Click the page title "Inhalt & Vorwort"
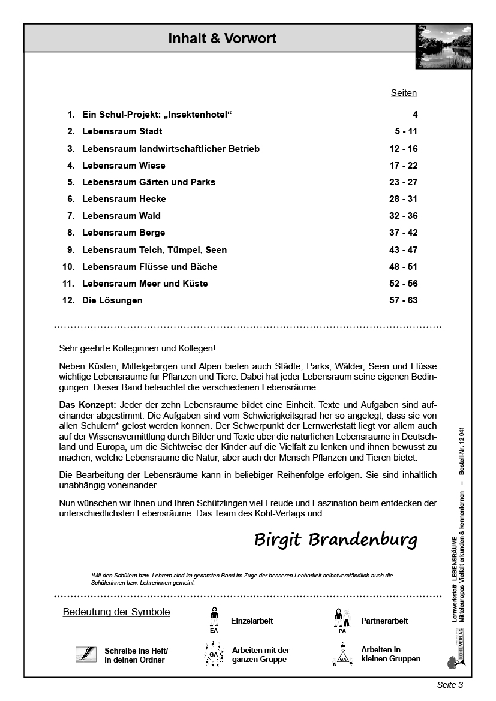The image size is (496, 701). pos(222,39)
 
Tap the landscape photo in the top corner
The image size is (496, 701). pos(443,46)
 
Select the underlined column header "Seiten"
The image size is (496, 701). pos(404,93)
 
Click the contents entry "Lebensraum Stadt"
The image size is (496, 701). pos(122,131)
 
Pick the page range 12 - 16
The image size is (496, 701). pos(403,149)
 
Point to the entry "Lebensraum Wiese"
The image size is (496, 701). pos(124,166)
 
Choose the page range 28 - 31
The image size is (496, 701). pos(403,199)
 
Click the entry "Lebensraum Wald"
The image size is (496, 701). pos(121,216)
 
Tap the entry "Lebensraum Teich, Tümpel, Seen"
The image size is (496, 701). pos(154,250)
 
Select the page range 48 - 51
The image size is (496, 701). pos(403,267)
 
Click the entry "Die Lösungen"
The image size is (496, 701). pos(112,300)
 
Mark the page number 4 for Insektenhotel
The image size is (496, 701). pos(414,115)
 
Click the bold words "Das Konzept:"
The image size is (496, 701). pos(87,405)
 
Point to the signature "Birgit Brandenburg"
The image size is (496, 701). pos(335,539)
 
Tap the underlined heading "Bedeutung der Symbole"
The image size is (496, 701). pos(116,612)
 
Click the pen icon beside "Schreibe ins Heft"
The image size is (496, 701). pos(86,654)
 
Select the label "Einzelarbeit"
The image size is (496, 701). pos(252,621)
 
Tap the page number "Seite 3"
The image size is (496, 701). pos(450,685)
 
